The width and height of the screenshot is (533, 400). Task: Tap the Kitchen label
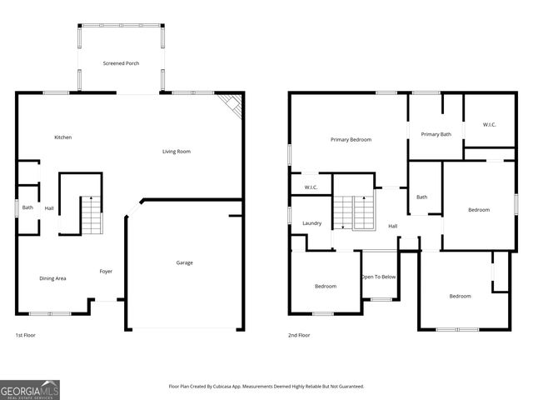pos(62,137)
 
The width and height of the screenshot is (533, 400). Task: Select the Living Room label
pos(177,152)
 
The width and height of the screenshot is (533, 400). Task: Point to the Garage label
pos(184,262)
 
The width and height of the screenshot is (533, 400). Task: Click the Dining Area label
pos(52,278)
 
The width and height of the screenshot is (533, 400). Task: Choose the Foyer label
pos(106,272)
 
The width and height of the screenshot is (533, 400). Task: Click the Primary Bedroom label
pos(351,140)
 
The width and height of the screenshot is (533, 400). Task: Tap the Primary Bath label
pos(436,134)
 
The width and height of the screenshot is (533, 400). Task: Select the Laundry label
pos(312,223)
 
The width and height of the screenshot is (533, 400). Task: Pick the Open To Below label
pos(378,277)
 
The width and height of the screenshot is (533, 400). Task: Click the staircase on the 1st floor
pos(90,215)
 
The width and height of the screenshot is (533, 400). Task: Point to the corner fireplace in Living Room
pos(232,105)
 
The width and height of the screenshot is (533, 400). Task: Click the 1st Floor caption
pos(25,335)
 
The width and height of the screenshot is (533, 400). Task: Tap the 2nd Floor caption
pos(299,335)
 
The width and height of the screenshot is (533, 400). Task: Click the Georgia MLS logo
pos(30,389)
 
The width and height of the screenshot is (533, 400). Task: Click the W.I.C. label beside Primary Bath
pos(490,125)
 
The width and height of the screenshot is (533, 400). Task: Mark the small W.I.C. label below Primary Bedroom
pos(311,187)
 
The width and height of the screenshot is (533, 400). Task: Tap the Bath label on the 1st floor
pos(27,207)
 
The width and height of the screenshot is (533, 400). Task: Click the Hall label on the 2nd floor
pos(392,226)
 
